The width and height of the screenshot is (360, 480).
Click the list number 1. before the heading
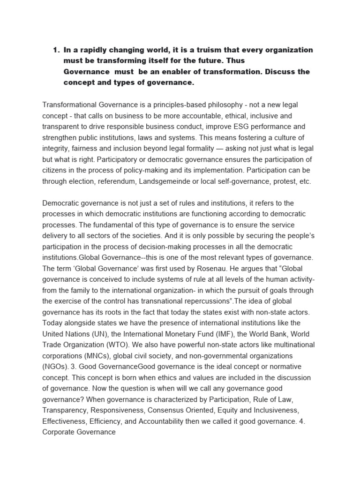coord(57,50)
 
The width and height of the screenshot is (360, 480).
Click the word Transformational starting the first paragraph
coord(72,105)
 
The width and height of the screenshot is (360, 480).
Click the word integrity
coord(58,149)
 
